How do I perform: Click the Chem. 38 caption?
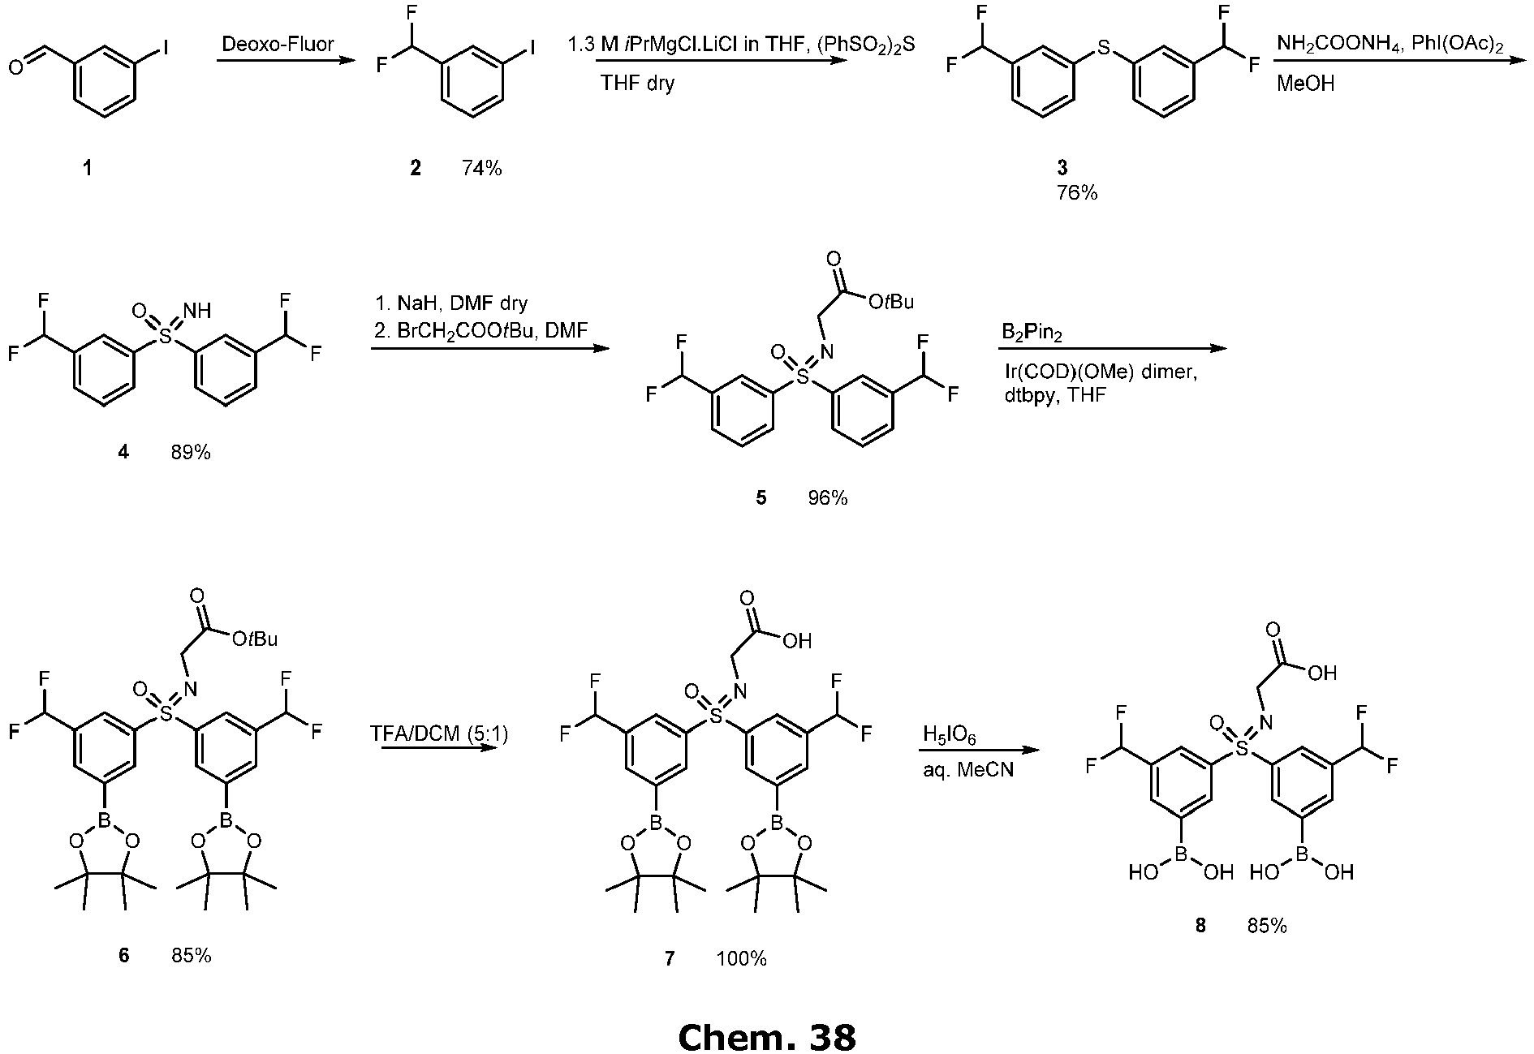tap(766, 1037)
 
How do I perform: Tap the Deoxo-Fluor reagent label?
tap(278, 44)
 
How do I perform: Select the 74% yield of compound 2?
tap(481, 168)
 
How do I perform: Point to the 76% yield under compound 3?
tap(1077, 193)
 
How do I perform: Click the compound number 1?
tap(87, 168)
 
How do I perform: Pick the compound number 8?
tap(1200, 925)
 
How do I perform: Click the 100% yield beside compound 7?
tap(741, 958)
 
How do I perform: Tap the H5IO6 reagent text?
tap(949, 737)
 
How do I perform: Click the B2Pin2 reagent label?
tap(1030, 333)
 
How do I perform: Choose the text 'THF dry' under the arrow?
tap(638, 83)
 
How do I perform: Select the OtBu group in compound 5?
tap(890, 302)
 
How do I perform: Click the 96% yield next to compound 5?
tap(827, 498)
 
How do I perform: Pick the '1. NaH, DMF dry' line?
tap(451, 303)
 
